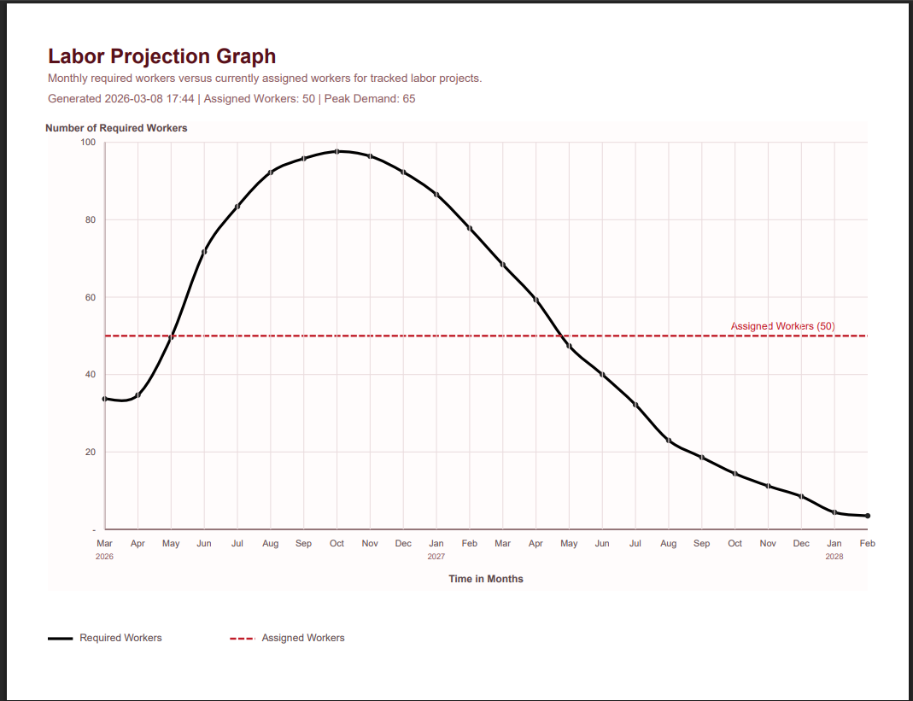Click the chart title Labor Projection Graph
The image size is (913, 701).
pyautogui.click(x=161, y=56)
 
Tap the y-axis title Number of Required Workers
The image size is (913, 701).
pyautogui.click(x=116, y=128)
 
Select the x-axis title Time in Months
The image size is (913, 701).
pyautogui.click(x=486, y=579)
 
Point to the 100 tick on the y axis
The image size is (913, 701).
pyautogui.click(x=88, y=142)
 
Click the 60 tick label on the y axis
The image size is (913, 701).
pyautogui.click(x=90, y=297)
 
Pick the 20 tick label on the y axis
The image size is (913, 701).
pyautogui.click(x=90, y=452)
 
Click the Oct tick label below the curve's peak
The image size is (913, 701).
pyautogui.click(x=337, y=543)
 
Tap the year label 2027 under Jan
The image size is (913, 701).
pyautogui.click(x=436, y=556)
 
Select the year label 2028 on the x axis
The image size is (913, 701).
pyautogui.click(x=834, y=556)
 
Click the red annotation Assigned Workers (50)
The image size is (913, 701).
pyautogui.click(x=782, y=326)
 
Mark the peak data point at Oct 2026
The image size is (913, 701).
pyautogui.click(x=337, y=151)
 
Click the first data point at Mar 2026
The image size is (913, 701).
pyautogui.click(x=105, y=399)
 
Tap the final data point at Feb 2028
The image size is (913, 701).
pyautogui.click(x=868, y=516)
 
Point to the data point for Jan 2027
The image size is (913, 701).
pyautogui.click(x=436, y=195)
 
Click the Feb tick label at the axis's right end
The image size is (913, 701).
pyautogui.click(x=868, y=543)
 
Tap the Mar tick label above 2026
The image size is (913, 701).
pyautogui.click(x=104, y=543)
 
